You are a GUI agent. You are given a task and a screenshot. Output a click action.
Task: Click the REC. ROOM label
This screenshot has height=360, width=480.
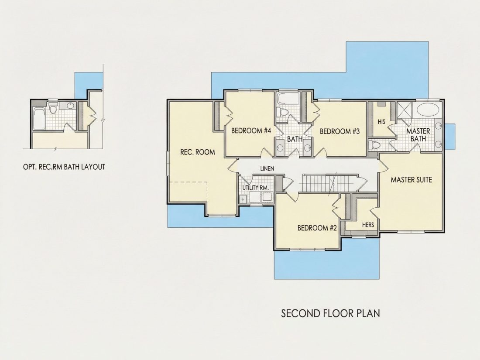197,152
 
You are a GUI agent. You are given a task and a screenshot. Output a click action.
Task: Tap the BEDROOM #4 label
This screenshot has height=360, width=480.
251,131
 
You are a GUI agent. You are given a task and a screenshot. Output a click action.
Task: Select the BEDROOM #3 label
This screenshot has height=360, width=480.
339,132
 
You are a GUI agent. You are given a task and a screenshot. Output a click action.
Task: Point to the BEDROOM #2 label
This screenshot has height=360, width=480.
317,228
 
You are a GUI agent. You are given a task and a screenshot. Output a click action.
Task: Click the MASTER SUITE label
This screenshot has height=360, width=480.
411,180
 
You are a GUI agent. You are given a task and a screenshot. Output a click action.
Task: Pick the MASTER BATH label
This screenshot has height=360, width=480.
418,135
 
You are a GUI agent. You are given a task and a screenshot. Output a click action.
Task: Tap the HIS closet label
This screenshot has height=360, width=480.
381,122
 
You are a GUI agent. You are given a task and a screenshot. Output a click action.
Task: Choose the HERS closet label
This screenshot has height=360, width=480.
368,225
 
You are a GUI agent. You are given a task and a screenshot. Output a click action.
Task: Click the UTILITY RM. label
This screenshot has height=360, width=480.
256,188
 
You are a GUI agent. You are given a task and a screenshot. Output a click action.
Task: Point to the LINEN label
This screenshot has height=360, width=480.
267,169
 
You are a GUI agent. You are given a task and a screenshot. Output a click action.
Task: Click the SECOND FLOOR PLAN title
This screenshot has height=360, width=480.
331,313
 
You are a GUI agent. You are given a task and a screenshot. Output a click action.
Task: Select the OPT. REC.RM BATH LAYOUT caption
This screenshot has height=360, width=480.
64,167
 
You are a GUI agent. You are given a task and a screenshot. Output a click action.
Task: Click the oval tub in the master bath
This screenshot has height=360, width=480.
428,110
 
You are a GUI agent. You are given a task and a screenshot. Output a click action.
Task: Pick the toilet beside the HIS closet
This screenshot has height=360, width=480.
374,145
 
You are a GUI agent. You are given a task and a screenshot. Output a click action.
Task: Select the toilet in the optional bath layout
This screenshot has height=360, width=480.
53,108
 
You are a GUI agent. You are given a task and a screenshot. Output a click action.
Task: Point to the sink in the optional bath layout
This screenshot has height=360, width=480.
71,106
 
